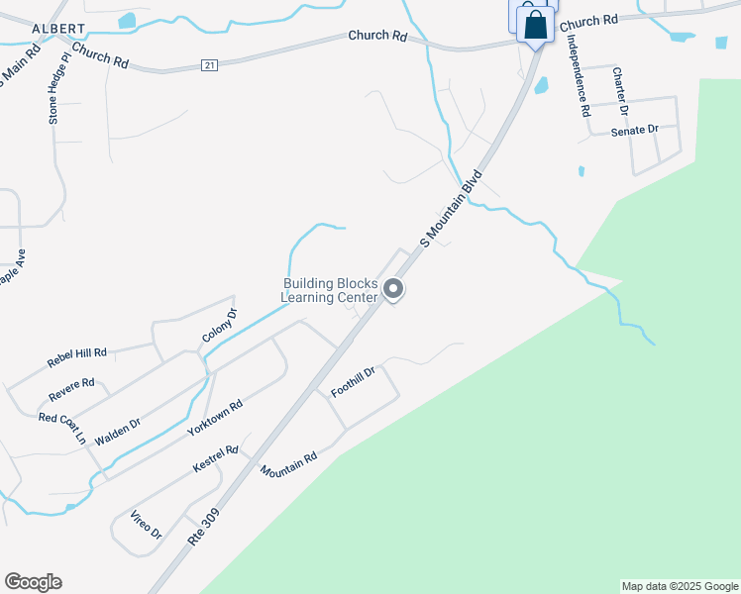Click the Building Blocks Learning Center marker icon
click(393, 290)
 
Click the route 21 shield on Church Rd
click(208, 64)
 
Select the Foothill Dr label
click(354, 382)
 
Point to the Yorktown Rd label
click(215, 420)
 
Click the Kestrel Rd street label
click(216, 458)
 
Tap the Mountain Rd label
click(289, 465)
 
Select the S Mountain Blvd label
click(451, 208)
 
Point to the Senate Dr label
click(634, 130)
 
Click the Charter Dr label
click(620, 90)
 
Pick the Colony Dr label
click(220, 326)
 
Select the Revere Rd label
click(71, 390)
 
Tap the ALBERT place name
click(51, 29)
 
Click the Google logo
click(33, 582)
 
